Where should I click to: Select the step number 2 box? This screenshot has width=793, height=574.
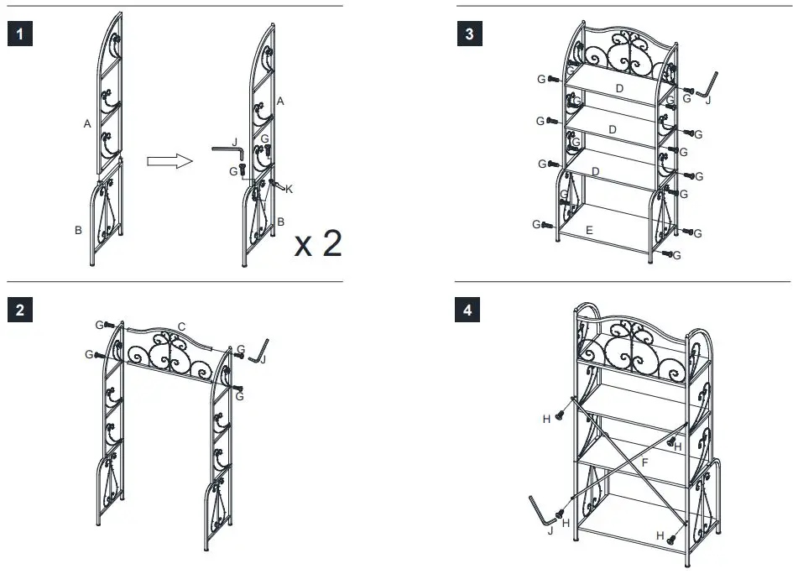(19, 310)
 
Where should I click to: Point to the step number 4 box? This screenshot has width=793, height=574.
(468, 310)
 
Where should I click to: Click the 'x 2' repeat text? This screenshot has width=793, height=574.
(318, 243)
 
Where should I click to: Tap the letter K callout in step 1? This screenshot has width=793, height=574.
(289, 190)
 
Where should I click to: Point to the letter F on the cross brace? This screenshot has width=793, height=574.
(644, 462)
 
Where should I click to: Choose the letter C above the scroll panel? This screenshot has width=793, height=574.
(182, 326)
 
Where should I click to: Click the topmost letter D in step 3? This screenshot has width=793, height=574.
(619, 88)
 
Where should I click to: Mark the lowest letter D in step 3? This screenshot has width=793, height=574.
(595, 171)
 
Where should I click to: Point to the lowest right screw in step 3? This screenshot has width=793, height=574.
(668, 253)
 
